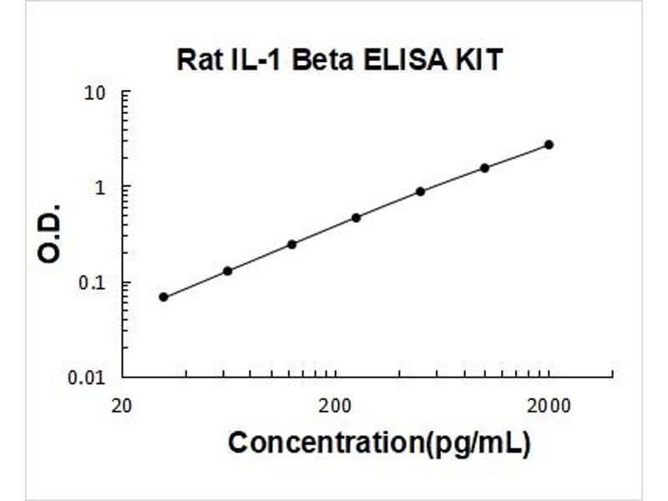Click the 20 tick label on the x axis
[122, 407]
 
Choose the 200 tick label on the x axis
[335, 407]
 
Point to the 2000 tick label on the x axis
[548, 407]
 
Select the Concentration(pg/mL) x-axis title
[379, 443]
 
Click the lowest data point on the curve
[164, 296]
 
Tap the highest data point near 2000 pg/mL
[549, 144]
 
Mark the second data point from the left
[228, 271]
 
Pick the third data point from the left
[292, 244]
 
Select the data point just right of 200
[357, 217]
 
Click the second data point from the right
[484, 168]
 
